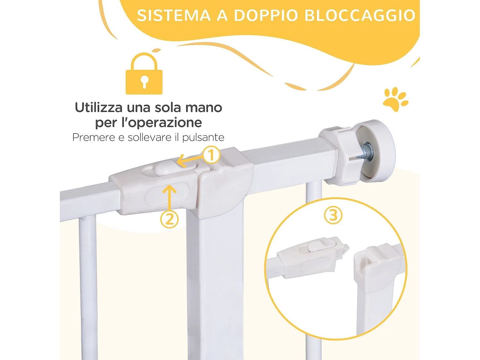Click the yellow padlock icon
pos(144,75)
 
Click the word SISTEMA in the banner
pos(174,15)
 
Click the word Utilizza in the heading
pos(99,108)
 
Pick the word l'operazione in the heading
pos(165,123)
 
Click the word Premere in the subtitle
pos(94,137)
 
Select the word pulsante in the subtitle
pos(203,138)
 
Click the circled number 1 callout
pos(211,155)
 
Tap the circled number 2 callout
pos(169,219)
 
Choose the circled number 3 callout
pos(333,215)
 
